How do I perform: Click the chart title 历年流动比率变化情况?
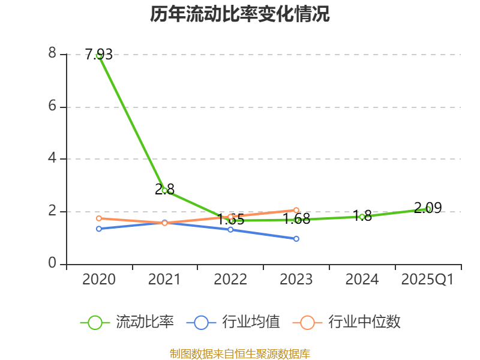click(x=240, y=14)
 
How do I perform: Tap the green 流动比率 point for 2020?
click(x=99, y=55)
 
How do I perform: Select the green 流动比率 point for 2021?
click(x=164, y=190)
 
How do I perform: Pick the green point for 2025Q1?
click(x=428, y=209)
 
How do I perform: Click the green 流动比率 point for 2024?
click(x=362, y=217)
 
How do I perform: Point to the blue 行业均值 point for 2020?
click(x=99, y=229)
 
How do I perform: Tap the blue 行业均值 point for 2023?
click(x=296, y=239)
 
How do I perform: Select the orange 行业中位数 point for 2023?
click(x=296, y=210)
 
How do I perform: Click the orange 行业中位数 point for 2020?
click(x=99, y=218)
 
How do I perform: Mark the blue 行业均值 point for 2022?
click(x=230, y=229)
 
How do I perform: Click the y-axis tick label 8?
click(x=52, y=54)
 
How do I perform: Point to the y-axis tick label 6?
click(x=52, y=106)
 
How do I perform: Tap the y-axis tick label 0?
click(x=52, y=263)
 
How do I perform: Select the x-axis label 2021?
click(x=164, y=280)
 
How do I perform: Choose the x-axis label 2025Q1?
click(x=428, y=280)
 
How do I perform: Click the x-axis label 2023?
click(x=296, y=280)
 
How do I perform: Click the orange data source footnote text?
click(x=240, y=353)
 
